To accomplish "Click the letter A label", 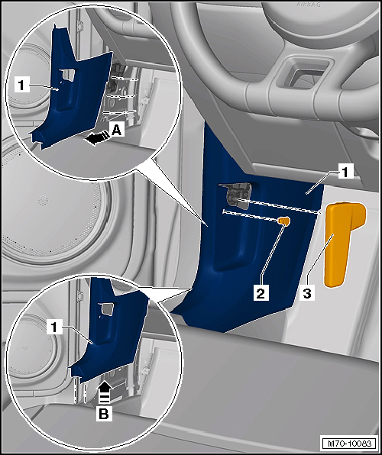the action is coord(116,131).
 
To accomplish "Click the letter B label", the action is coord(104,414).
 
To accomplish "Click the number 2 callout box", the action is coord(261,294).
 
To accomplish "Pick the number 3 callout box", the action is coord(306,293).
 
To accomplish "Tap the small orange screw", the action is coord(283,221).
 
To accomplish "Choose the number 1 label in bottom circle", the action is coord(53,328).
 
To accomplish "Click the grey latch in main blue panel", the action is coord(238,196).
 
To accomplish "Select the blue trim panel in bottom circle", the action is coord(108,328).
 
